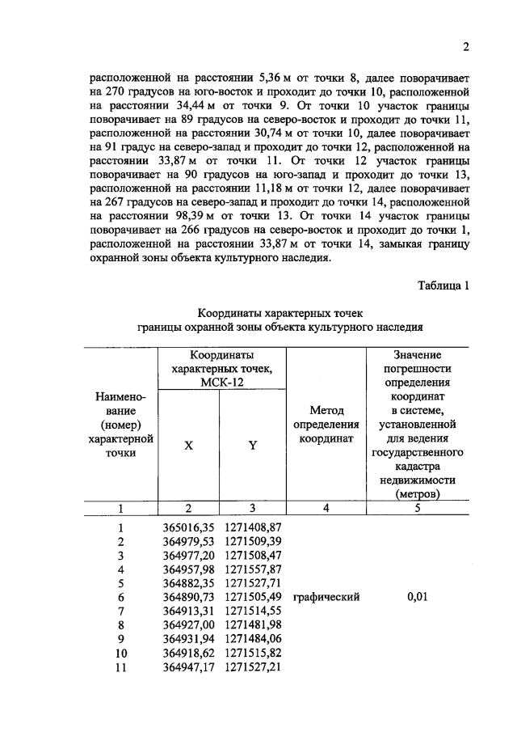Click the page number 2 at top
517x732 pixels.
[x=466, y=48]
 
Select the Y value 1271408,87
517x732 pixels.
[x=253, y=527]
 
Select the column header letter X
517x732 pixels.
[x=189, y=444]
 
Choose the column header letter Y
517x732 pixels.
[x=252, y=444]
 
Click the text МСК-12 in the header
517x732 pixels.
[x=221, y=383]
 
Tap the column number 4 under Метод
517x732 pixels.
[x=326, y=509]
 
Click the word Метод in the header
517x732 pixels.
[x=326, y=412]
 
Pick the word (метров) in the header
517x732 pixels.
[x=418, y=494]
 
